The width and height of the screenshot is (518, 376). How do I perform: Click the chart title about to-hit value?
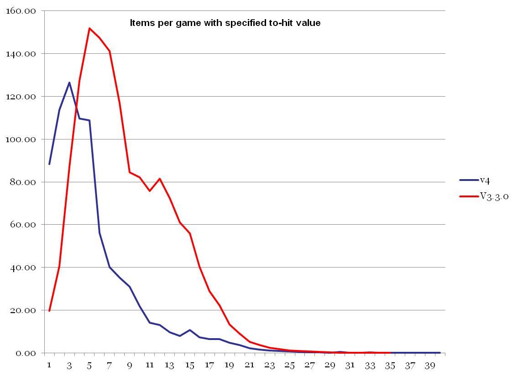225,23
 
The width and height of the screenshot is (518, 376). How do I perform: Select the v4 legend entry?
484,180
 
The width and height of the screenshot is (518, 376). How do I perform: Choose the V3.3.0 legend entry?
494,196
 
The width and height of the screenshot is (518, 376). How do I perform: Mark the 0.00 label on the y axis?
24,353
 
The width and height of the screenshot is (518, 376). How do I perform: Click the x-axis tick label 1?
49,366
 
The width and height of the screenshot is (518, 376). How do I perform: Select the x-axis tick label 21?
250,366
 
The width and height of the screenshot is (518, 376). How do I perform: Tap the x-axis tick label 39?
430,366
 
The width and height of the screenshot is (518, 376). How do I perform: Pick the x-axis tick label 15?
189,366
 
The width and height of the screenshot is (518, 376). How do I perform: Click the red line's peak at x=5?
89,28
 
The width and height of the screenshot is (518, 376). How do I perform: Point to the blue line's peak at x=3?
69,82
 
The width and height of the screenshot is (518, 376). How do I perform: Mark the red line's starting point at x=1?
49,311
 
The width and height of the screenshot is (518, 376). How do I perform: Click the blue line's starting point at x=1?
49,164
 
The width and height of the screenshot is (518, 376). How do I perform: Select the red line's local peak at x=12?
159,179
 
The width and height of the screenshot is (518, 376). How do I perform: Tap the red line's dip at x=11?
149,191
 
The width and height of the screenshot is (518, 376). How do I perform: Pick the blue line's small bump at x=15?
189,330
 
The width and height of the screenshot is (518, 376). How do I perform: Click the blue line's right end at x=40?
440,353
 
